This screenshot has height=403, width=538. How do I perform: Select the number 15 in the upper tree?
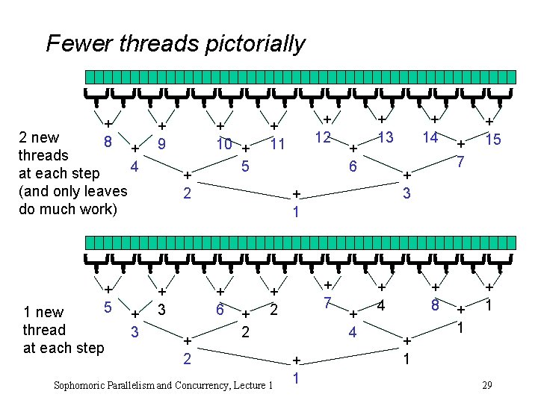(493, 140)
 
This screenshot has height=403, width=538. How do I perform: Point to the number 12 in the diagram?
(323, 137)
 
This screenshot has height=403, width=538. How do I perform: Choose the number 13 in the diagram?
(386, 137)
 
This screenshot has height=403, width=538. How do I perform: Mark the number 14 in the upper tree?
(430, 137)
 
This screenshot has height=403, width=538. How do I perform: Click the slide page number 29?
(486, 385)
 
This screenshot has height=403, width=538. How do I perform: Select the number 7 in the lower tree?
(327, 304)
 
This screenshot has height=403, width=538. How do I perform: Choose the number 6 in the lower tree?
(220, 309)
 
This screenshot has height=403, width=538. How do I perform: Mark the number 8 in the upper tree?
(108, 141)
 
